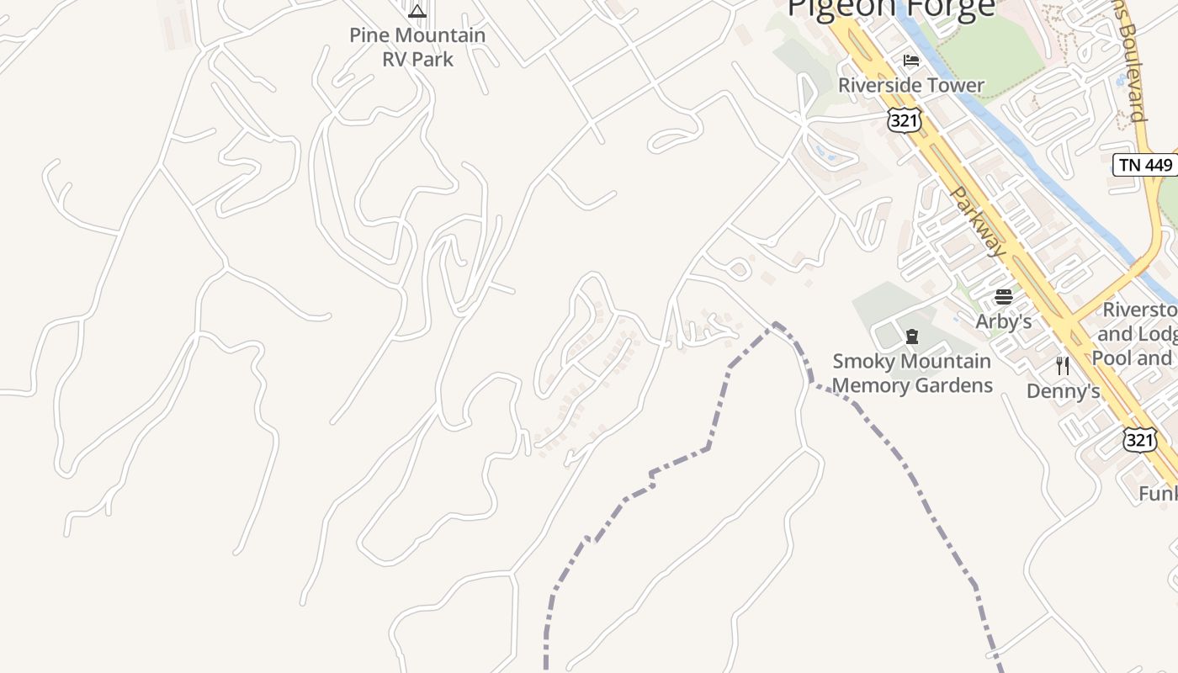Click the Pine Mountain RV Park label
click(x=417, y=47)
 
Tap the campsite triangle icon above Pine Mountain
click(x=417, y=11)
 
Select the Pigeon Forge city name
click(x=891, y=8)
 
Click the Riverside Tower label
click(x=910, y=85)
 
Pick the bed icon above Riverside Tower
click(x=910, y=61)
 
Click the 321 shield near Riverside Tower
click(x=904, y=120)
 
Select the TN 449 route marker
click(x=1145, y=165)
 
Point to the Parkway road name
click(x=978, y=221)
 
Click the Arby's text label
click(x=1003, y=321)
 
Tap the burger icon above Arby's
click(x=1003, y=296)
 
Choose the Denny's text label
click(x=1063, y=391)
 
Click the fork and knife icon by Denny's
click(x=1063, y=365)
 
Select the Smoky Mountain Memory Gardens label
click(x=912, y=373)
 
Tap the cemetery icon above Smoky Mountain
click(x=911, y=336)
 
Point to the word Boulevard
click(x=1132, y=67)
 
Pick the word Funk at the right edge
click(x=1158, y=493)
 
